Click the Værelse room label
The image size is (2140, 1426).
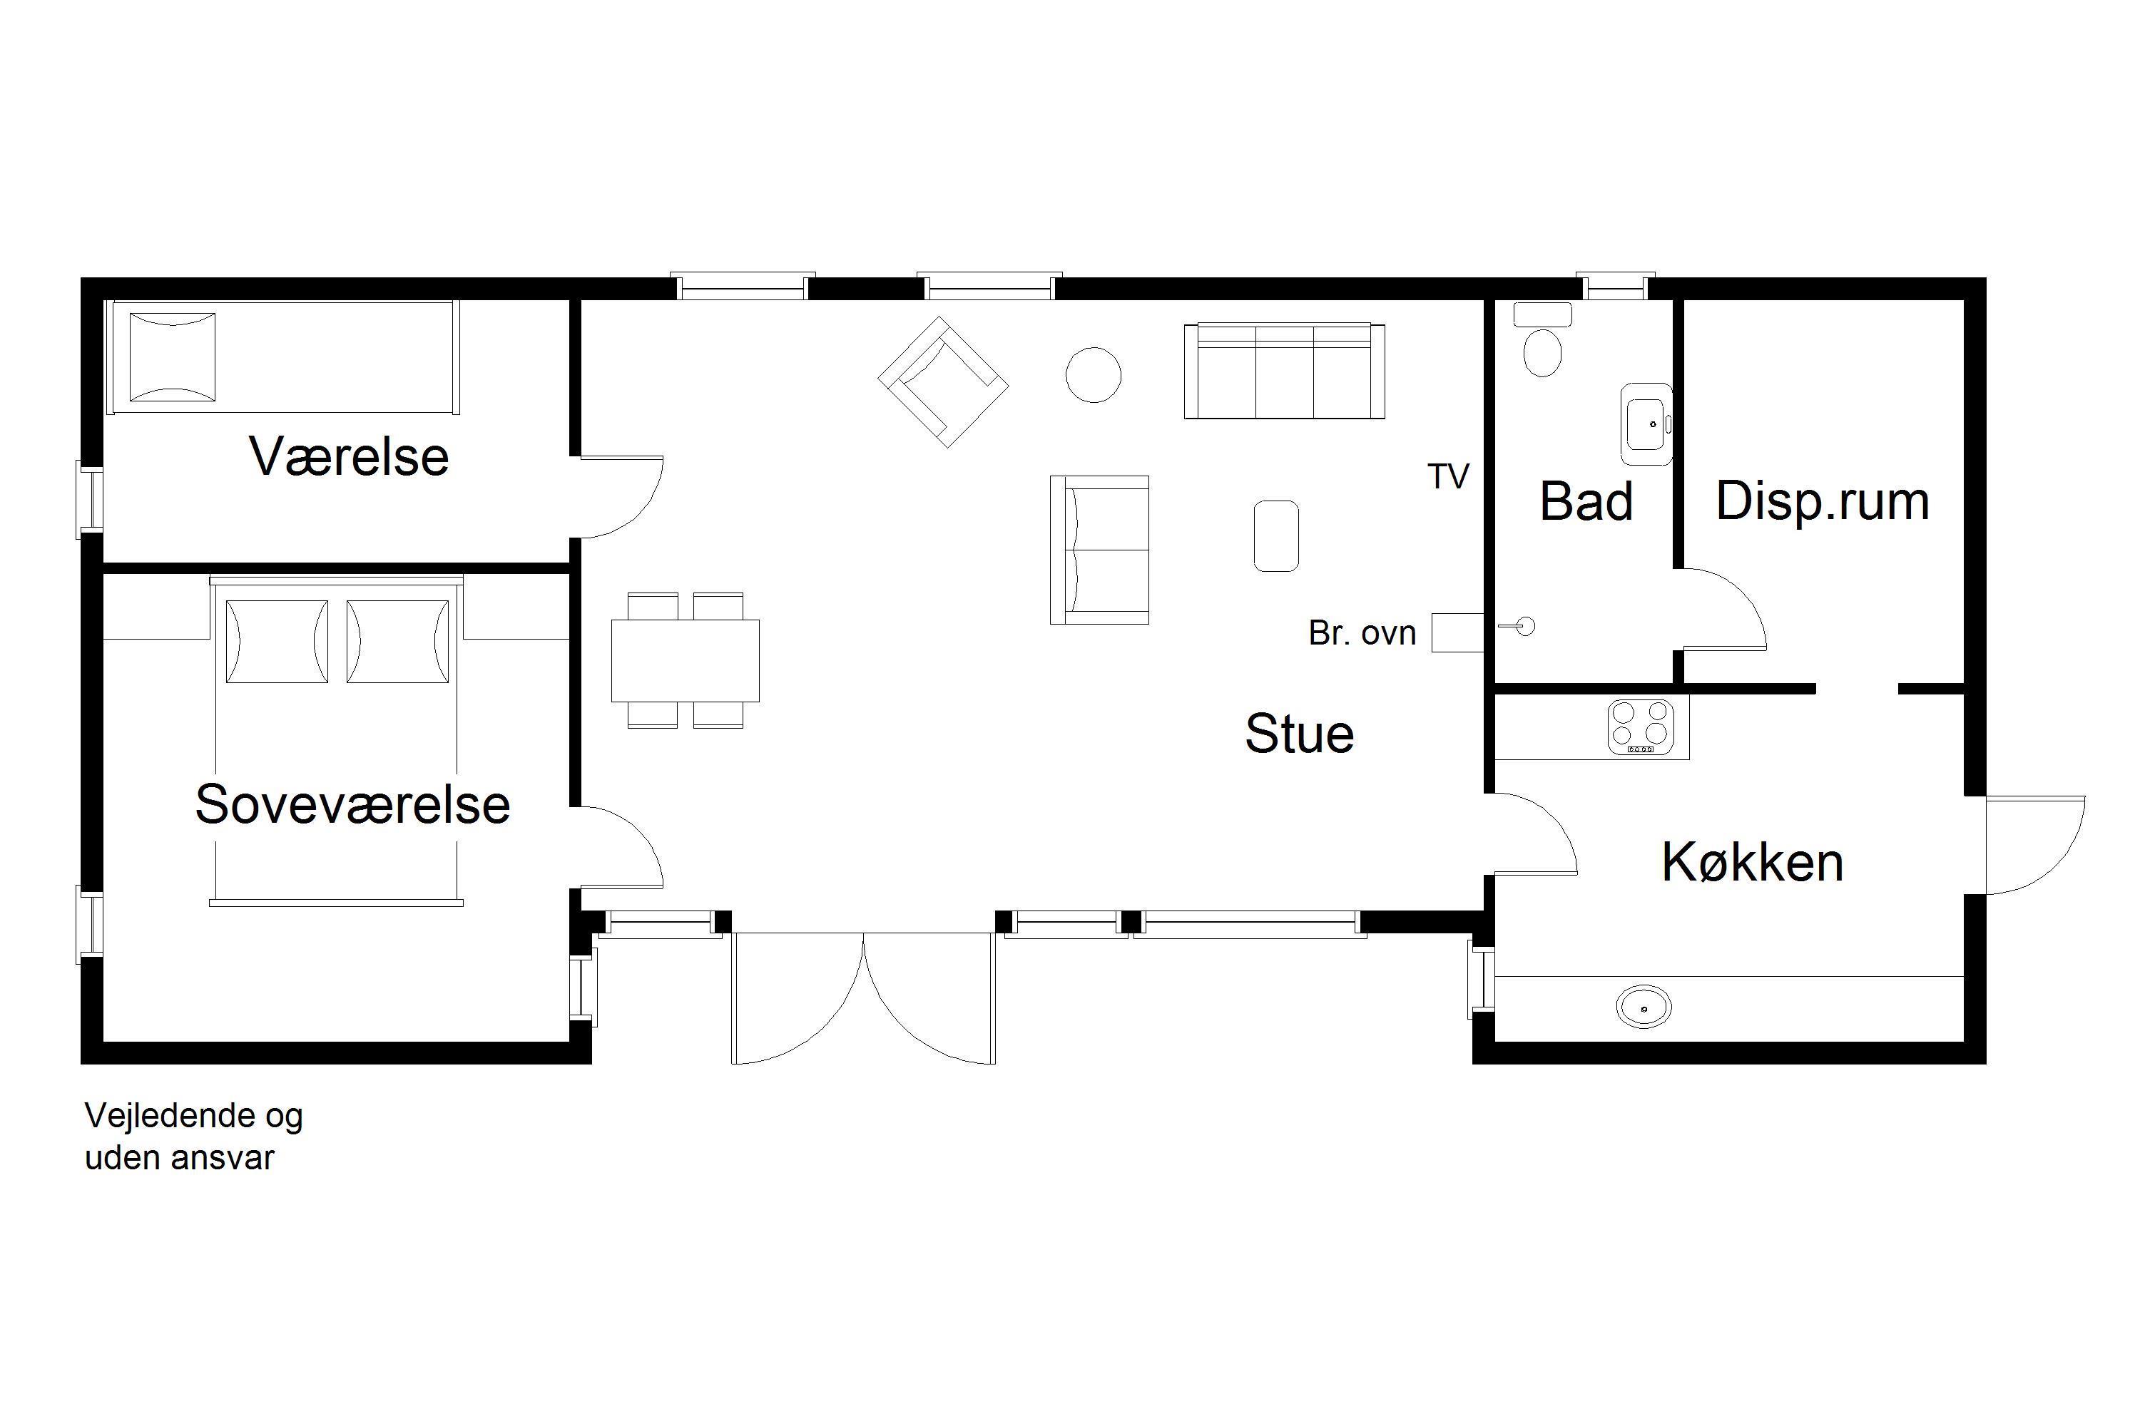[x=349, y=456]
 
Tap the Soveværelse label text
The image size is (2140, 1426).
[x=352, y=804]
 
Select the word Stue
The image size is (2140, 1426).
[x=1299, y=733]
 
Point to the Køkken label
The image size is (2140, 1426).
[x=1753, y=861]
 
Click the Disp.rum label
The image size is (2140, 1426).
[x=1823, y=502]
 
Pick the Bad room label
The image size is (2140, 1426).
[x=1586, y=501]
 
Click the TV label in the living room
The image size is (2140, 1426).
[x=1449, y=476]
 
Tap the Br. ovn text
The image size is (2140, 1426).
[x=1362, y=633]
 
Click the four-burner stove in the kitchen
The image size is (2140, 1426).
[x=1641, y=727]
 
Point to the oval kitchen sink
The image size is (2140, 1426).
[x=1644, y=1007]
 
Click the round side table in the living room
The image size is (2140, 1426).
[x=1093, y=375]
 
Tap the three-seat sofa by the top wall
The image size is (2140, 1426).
[x=1284, y=370]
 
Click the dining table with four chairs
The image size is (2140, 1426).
[x=685, y=660]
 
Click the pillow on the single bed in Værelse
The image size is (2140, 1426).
[x=173, y=357]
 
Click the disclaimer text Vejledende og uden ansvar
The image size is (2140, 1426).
[x=194, y=1136]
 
